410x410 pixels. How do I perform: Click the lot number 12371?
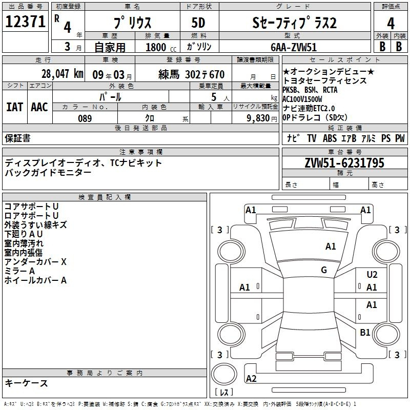(24, 22)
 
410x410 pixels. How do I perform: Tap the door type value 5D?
(198, 23)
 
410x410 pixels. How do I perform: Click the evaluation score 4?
(391, 23)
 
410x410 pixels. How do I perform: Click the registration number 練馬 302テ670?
(191, 74)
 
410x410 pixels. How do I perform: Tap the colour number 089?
(85, 118)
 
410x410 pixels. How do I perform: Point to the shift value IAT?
(14, 107)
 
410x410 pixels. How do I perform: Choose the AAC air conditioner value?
(39, 107)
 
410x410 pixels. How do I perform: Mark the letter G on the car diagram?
(324, 270)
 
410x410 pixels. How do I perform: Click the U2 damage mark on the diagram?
(372, 275)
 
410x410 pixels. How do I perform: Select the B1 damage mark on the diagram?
(365, 333)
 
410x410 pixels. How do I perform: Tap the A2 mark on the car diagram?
(251, 378)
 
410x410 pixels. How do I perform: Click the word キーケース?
(26, 383)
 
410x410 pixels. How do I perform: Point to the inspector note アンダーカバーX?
(35, 262)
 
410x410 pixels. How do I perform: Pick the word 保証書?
(17, 138)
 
